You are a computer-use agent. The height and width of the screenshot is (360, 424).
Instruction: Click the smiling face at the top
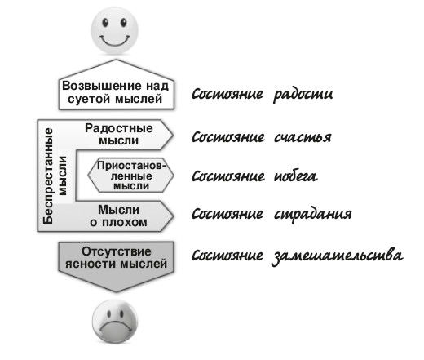coord(114,30)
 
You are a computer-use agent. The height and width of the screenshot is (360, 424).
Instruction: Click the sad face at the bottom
coord(115,321)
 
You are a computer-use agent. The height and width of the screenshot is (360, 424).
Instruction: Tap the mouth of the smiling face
coord(114,40)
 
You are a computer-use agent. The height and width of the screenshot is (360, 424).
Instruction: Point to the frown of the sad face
coord(115,326)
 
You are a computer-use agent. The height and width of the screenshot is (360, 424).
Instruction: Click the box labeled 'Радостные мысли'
coord(120,135)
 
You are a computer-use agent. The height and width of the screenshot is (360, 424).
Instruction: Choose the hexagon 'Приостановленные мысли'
coord(130,176)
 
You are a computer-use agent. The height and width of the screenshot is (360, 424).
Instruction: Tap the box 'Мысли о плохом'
coord(120,216)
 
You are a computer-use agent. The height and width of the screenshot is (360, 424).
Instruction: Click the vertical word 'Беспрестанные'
coord(48,176)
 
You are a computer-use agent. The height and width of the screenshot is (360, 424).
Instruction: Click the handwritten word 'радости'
coord(303,94)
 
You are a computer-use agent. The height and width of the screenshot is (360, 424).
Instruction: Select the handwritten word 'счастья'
coord(303,137)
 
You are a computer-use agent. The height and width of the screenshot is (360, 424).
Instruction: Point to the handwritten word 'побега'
coord(295,176)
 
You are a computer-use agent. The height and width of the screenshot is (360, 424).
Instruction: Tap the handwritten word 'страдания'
coord(312,214)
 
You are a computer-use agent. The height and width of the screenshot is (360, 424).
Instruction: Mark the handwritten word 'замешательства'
coord(337,256)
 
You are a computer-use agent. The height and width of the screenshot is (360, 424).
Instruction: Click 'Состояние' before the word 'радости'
coord(227,94)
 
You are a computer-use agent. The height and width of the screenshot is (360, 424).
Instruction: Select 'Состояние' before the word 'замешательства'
coord(227,256)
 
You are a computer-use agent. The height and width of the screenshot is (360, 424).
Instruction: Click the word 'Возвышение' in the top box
coord(102,86)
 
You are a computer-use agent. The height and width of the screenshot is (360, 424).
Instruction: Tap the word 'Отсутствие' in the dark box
coord(117,251)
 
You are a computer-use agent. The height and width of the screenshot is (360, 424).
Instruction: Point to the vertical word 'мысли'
coord(63,176)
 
